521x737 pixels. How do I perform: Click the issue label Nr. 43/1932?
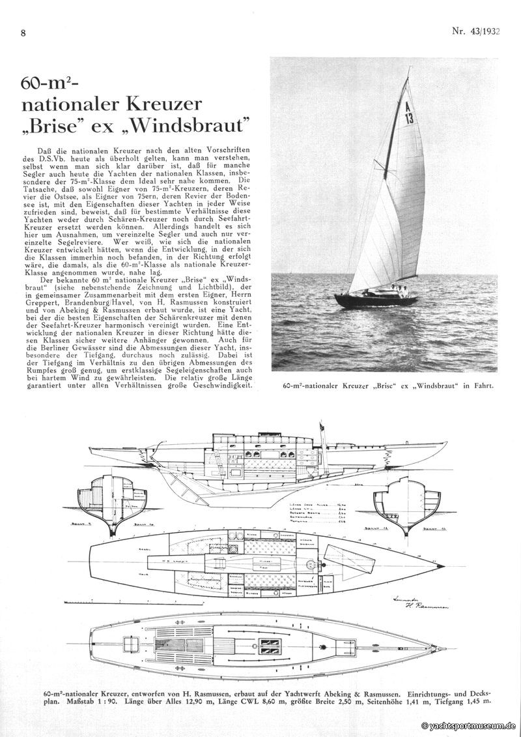475,31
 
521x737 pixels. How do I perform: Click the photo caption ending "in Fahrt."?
389,385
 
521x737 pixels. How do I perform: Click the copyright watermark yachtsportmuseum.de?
469,725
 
